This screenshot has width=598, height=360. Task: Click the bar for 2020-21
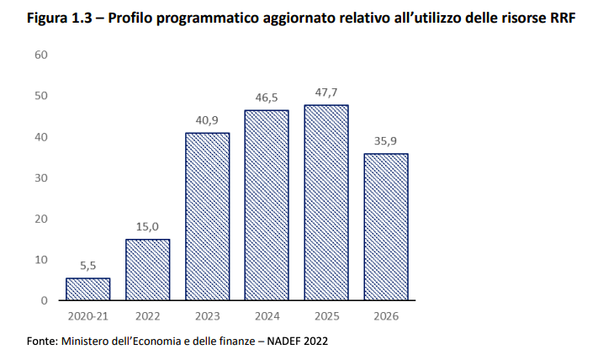pos(88,289)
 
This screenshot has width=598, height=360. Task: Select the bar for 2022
pos(148,270)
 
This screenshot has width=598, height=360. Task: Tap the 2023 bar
pos(208,217)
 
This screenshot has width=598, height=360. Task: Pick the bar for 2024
pos(267,205)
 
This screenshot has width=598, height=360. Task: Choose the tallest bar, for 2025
pos(326,203)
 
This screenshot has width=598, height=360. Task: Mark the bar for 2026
pos(386,227)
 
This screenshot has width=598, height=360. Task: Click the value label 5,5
pos(88,265)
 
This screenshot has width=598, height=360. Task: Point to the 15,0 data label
pos(148,226)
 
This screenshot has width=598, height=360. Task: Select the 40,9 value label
pos(208,120)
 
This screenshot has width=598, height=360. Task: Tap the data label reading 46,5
pos(267,98)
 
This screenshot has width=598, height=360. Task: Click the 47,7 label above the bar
pos(326,93)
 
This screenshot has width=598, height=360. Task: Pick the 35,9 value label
pos(386,141)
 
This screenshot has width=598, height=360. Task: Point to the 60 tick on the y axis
pos(41,55)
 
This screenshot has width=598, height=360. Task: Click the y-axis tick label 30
pos(41,177)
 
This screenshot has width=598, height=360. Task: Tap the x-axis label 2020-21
pos(88,316)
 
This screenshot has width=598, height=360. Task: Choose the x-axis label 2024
pos(267,316)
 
